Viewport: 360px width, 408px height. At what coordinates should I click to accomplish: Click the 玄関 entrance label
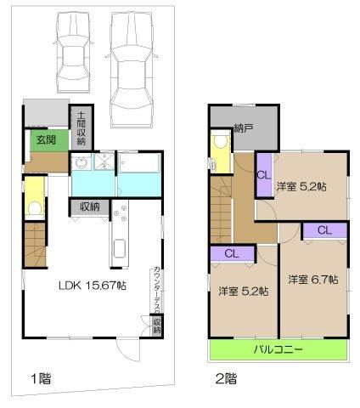(x=46, y=140)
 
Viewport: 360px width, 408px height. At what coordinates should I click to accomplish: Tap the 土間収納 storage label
(x=82, y=128)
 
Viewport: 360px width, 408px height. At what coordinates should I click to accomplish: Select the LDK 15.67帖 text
(x=93, y=286)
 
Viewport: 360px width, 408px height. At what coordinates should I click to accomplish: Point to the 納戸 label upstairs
(x=244, y=128)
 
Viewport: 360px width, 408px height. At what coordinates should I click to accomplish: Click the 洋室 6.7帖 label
(x=313, y=280)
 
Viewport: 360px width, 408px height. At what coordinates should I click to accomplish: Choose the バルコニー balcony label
(x=278, y=349)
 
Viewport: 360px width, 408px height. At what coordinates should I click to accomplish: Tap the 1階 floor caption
(x=41, y=378)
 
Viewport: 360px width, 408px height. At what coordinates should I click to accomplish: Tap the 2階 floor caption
(x=226, y=378)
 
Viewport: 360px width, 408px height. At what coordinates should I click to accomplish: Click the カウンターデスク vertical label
(x=157, y=290)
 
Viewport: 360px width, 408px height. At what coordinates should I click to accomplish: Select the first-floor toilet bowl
(x=35, y=208)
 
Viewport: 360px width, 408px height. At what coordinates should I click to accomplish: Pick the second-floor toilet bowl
(x=220, y=142)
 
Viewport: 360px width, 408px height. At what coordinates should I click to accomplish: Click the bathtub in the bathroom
(x=139, y=162)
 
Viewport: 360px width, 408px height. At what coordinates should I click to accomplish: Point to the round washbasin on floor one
(x=81, y=163)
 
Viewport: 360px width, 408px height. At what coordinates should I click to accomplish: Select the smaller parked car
(x=74, y=54)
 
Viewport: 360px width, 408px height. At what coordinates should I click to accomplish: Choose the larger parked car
(x=132, y=70)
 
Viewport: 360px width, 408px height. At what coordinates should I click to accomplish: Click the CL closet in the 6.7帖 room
(x=325, y=230)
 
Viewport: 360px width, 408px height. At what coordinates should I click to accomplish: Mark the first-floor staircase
(x=35, y=245)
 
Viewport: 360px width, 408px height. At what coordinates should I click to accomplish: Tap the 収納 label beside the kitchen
(x=90, y=207)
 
